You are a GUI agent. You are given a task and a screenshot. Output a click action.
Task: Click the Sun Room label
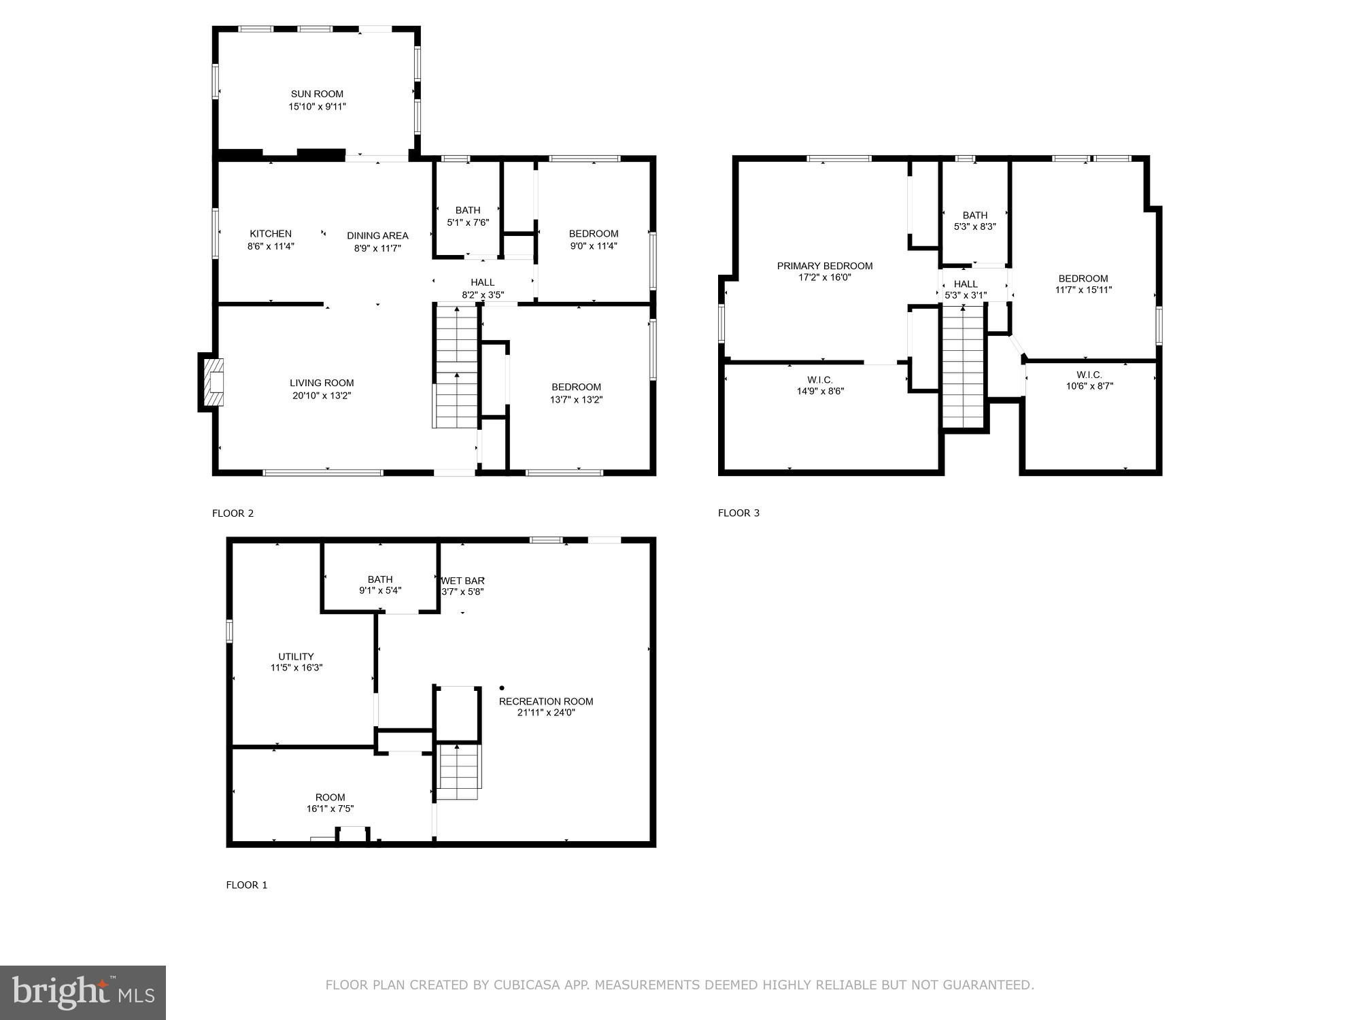coord(317,95)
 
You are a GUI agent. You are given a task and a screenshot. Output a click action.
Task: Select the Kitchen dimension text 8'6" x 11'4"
coord(271,246)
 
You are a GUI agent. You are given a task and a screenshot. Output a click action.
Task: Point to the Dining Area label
coord(377,236)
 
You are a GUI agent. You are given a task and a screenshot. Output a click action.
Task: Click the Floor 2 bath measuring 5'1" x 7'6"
coord(468,216)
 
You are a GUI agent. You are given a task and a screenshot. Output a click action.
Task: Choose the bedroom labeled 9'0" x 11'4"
coord(594,239)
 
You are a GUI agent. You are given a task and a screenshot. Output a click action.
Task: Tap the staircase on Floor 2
coord(456,367)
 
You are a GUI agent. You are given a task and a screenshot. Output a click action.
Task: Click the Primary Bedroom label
coord(825,266)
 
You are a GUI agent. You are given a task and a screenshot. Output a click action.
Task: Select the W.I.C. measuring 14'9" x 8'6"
coord(820,386)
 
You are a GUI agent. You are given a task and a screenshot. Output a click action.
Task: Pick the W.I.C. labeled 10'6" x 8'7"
coord(1089,380)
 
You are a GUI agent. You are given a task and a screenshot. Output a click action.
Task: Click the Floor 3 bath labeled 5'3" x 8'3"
coord(974,220)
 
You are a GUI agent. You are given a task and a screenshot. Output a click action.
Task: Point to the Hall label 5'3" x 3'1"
coord(966,289)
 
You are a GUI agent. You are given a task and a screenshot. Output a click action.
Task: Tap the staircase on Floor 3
coord(963,367)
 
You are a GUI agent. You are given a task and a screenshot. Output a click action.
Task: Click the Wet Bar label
coord(463,581)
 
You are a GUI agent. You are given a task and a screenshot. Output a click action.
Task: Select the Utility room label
coord(296,656)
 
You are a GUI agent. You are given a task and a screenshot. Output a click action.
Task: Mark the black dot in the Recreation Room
coord(502,688)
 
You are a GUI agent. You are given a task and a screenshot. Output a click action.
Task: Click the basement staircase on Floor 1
coord(458,772)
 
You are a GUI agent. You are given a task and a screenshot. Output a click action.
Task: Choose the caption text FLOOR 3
coord(738,513)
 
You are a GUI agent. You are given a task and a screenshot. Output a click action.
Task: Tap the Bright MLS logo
coord(83,992)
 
